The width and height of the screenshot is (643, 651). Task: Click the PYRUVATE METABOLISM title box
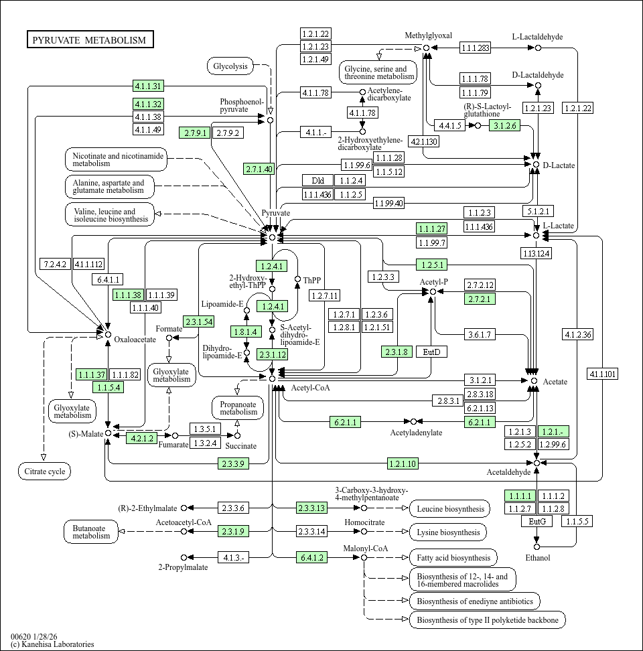(x=90, y=40)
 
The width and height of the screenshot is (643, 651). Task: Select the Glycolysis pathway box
(x=230, y=66)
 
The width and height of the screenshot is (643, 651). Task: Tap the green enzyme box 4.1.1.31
(x=148, y=86)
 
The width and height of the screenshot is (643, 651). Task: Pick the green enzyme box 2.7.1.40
(x=259, y=169)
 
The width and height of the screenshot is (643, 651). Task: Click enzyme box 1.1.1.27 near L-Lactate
(x=431, y=228)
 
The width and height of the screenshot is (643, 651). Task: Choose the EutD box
(x=431, y=352)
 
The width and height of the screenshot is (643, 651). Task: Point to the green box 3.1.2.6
(x=504, y=125)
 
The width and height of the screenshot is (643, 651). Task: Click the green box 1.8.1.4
(x=246, y=332)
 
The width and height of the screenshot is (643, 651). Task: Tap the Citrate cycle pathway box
(x=44, y=472)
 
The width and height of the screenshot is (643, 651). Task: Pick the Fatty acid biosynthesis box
(x=453, y=557)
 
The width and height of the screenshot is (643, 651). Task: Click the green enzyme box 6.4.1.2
(x=313, y=557)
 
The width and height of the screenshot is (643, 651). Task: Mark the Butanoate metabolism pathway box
(x=91, y=532)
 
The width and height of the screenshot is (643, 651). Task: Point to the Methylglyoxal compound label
(x=429, y=35)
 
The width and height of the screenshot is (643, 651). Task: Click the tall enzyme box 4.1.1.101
(x=602, y=374)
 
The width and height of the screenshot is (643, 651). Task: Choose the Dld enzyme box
(x=317, y=180)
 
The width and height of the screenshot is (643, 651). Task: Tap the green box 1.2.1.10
(x=403, y=463)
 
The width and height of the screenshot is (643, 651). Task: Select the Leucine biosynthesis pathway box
(x=449, y=509)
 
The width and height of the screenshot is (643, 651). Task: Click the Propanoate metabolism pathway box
(x=238, y=408)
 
